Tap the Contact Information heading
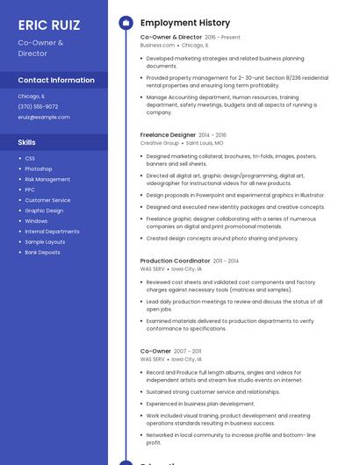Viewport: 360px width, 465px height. [56, 80]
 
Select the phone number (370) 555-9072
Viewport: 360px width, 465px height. [38, 106]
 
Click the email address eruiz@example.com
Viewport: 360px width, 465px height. [44, 117]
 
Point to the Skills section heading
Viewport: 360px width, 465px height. [27, 142]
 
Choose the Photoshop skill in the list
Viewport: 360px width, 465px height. [39, 168]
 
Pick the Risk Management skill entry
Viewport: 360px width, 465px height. [47, 179]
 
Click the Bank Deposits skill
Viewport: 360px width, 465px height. [42, 253]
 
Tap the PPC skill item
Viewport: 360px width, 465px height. [30, 190]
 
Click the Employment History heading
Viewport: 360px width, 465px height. [185, 23]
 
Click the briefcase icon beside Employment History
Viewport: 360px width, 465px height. [125, 23]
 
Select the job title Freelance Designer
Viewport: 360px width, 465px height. [168, 135]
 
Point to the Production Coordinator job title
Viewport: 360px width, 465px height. [175, 261]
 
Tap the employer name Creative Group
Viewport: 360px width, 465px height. [159, 143]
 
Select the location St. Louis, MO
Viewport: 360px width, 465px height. [205, 143]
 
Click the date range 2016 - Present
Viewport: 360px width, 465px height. [222, 38]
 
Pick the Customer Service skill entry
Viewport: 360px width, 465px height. [47, 200]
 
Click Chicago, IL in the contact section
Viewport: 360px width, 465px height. [31, 96]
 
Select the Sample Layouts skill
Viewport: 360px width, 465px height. [45, 242]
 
